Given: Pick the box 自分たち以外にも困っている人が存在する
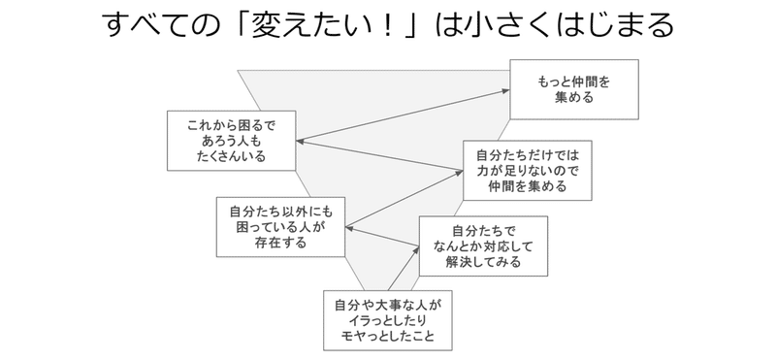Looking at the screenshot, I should (280, 226).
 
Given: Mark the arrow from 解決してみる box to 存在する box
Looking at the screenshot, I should (382, 238).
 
